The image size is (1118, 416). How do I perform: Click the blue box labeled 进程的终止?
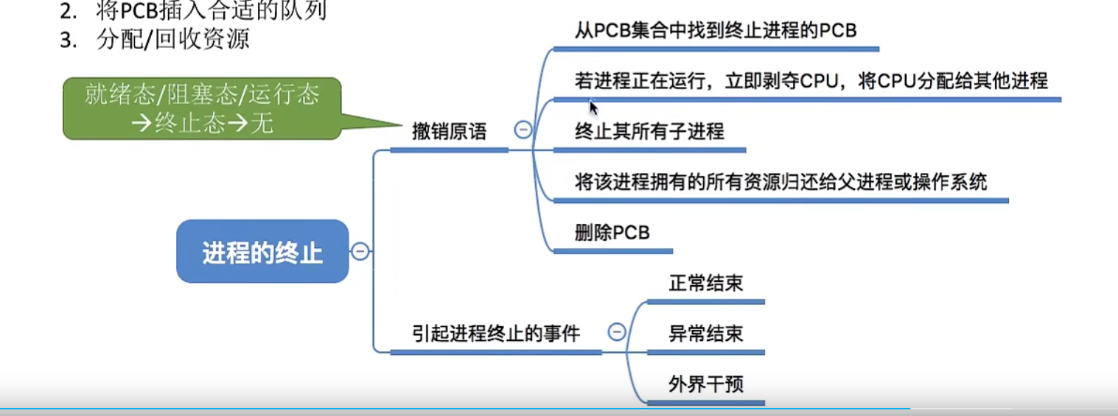point(262,252)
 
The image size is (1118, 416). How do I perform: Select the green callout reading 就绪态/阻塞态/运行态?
point(202,96)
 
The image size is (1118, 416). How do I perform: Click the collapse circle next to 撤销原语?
point(523,130)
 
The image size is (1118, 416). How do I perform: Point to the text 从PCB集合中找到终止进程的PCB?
point(715,32)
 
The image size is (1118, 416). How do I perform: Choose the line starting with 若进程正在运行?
point(811,80)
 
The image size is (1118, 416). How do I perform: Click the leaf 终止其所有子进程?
point(649,132)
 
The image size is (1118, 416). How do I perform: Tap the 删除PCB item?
point(612,233)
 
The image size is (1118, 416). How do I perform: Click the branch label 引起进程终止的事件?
point(496,334)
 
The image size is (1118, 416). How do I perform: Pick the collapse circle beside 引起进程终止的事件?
point(616,332)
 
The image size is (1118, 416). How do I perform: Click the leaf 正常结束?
point(705,283)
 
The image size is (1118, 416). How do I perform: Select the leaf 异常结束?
point(705,334)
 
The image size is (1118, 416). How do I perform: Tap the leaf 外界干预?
point(705,384)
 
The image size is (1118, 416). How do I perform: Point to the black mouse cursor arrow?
point(593,107)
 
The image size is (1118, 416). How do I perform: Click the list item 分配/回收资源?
point(172,39)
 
